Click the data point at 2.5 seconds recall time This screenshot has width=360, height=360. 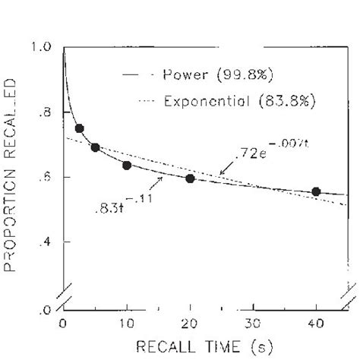(x=79, y=128)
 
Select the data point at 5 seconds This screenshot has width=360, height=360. (x=95, y=147)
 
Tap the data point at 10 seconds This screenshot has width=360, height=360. (x=127, y=165)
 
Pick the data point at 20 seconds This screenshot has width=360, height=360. (x=190, y=178)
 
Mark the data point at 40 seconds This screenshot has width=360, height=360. (x=316, y=191)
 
